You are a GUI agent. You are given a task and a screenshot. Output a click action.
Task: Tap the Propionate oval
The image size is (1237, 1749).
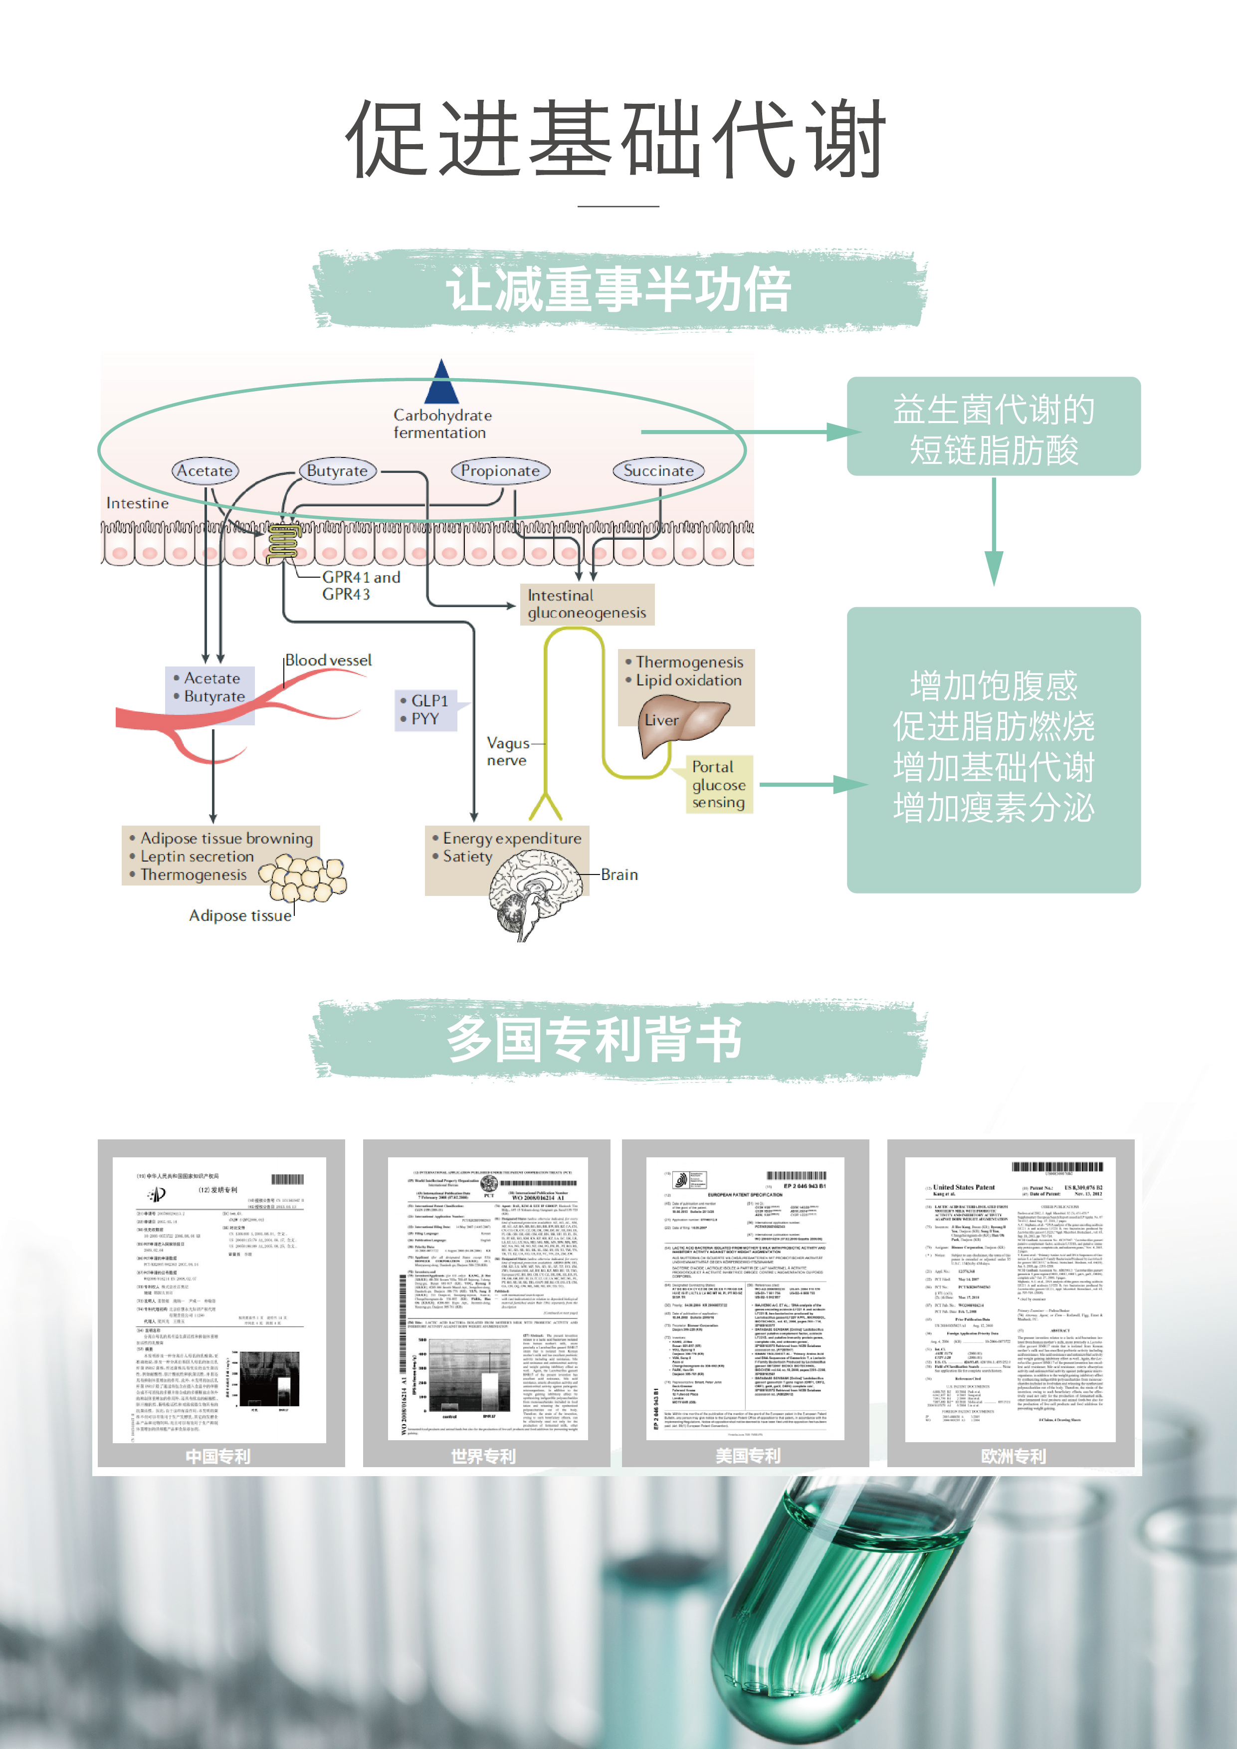click(x=500, y=471)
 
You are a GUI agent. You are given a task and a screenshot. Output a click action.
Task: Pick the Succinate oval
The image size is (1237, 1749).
click(x=658, y=471)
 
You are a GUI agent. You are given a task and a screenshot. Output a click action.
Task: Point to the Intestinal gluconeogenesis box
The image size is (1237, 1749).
click(x=587, y=604)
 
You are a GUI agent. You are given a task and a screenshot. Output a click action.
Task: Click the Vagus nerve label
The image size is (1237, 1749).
click(x=507, y=752)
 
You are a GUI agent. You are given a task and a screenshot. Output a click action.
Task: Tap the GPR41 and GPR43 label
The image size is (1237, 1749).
click(x=360, y=585)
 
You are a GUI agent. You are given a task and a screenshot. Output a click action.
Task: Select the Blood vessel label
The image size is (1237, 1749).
click(x=328, y=660)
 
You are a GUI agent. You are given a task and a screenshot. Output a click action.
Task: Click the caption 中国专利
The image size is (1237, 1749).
click(x=218, y=1456)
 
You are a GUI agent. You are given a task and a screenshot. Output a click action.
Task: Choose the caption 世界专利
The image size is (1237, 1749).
click(x=484, y=1456)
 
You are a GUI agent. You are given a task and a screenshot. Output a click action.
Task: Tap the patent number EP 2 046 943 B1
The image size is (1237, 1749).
click(x=805, y=1186)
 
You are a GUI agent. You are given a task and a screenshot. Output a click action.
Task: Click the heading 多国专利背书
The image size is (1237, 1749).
click(x=594, y=1039)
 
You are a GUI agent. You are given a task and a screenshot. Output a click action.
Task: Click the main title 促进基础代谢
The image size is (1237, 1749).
click(x=617, y=141)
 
